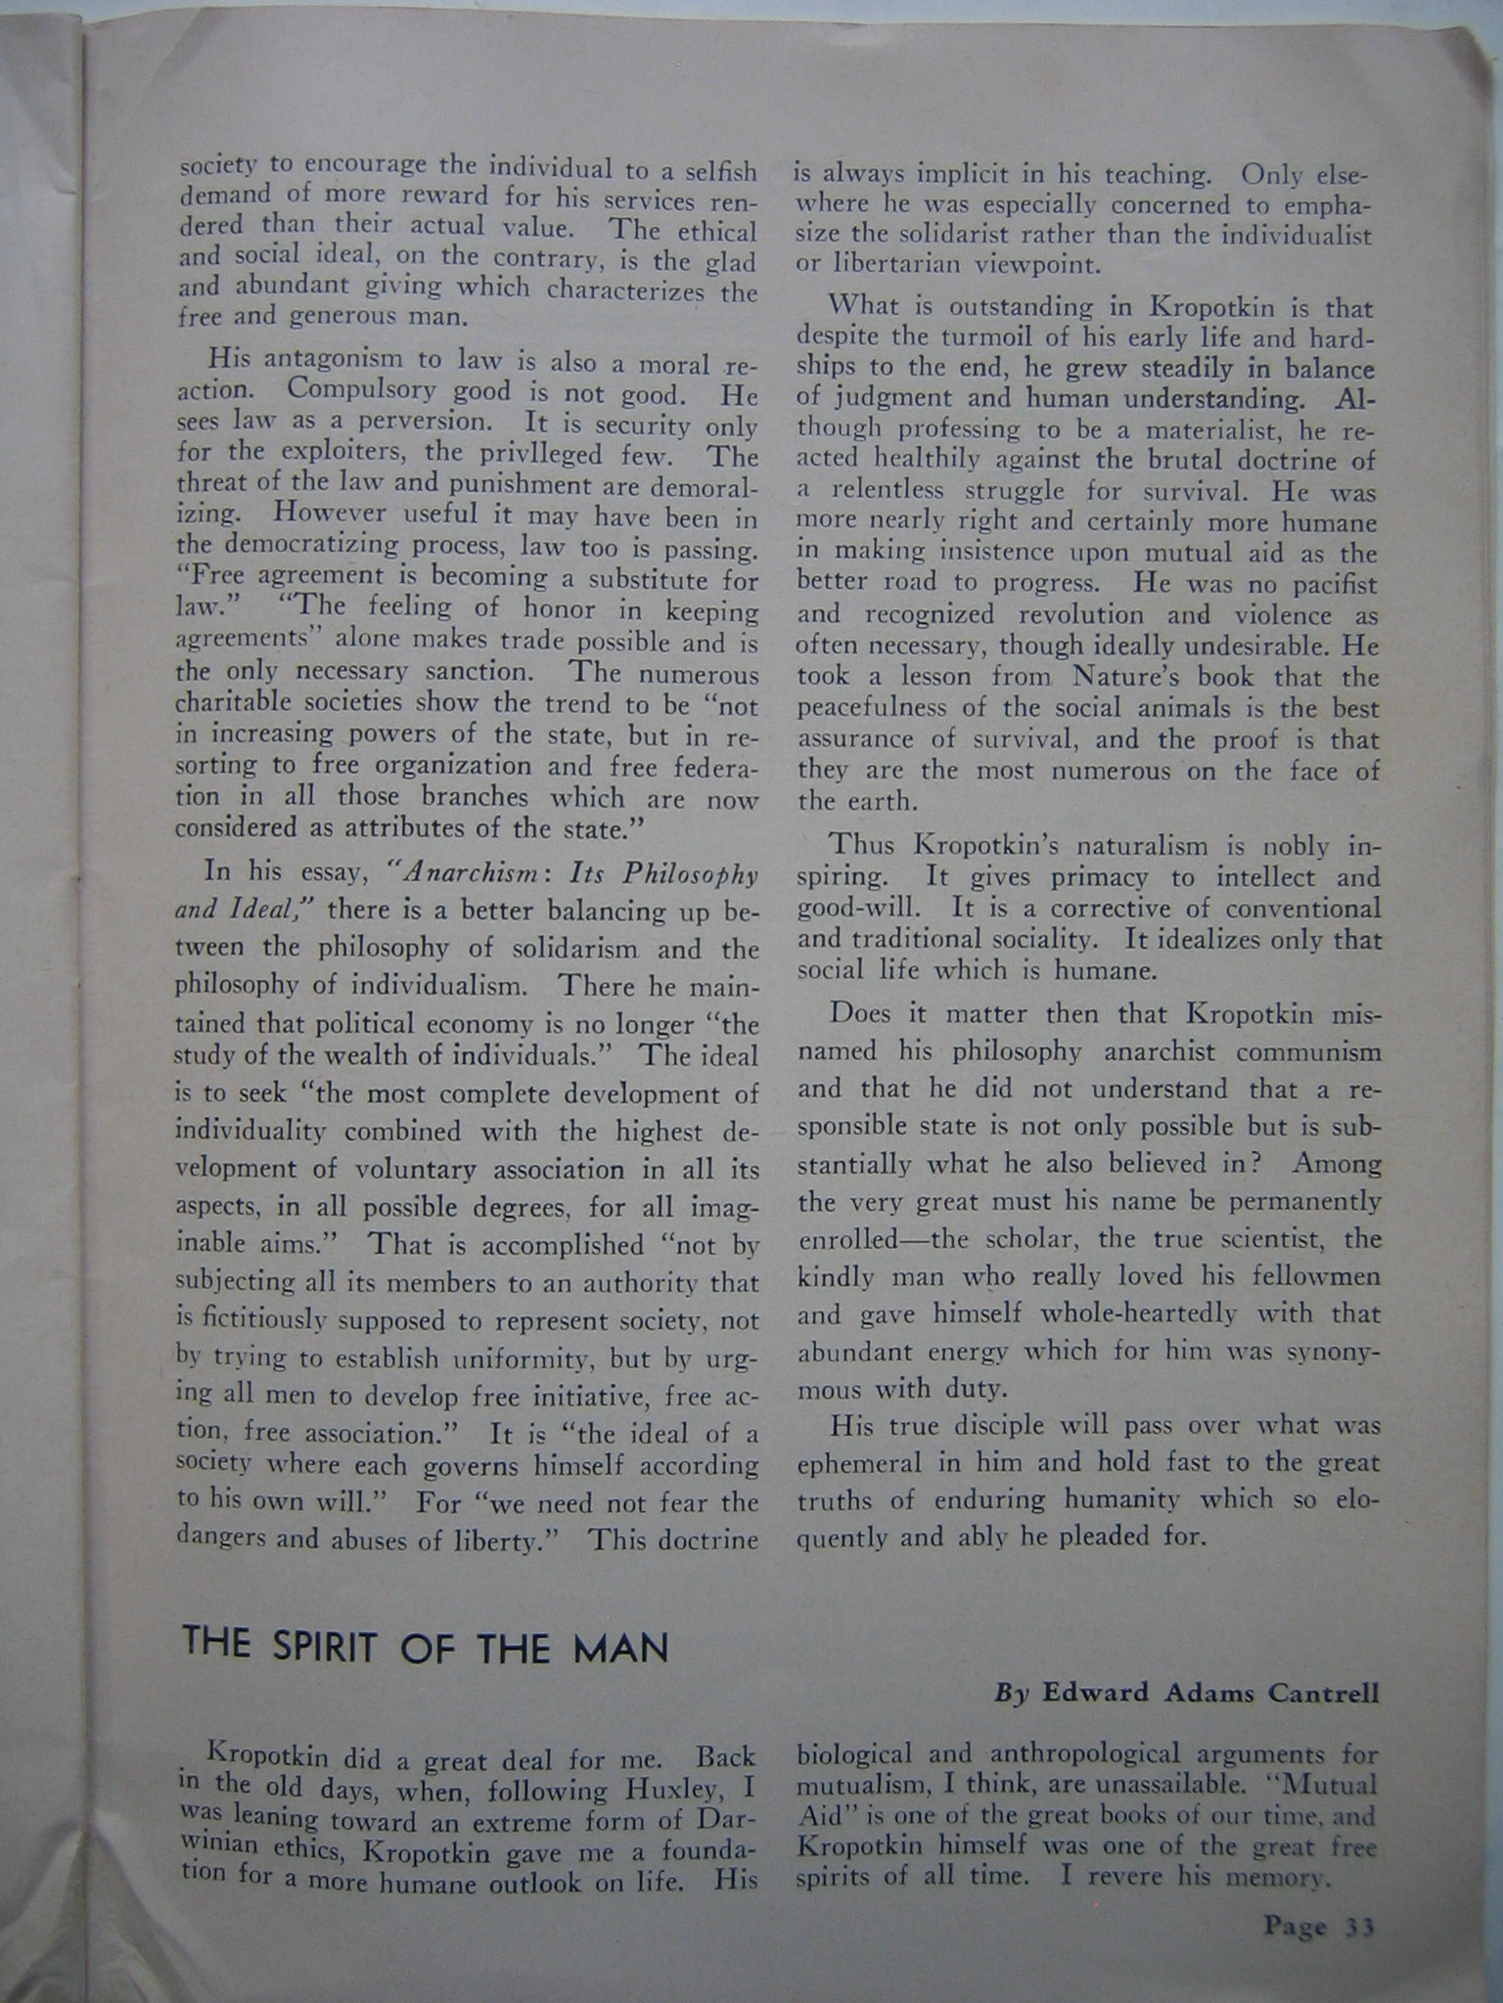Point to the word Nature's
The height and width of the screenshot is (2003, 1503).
click(1133, 676)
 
